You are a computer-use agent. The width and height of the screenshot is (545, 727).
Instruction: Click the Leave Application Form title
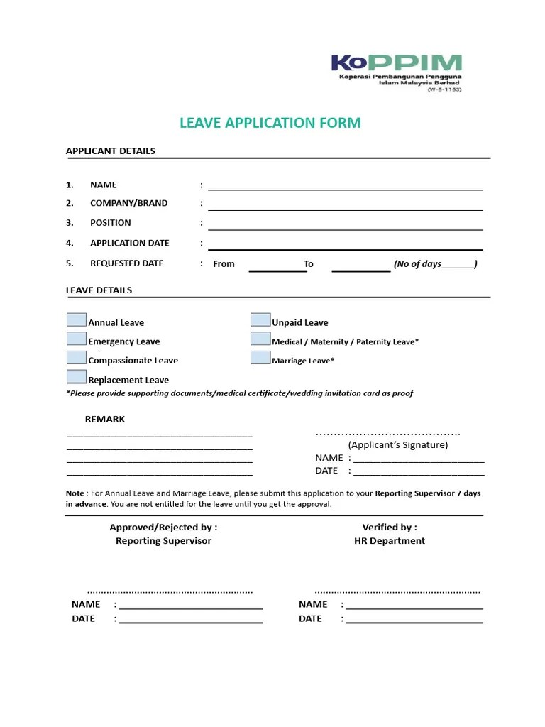(x=270, y=123)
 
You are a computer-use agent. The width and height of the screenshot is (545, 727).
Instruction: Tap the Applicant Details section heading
(x=111, y=151)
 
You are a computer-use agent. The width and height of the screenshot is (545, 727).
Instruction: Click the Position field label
(x=110, y=222)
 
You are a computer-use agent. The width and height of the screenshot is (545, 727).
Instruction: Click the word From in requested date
(x=224, y=263)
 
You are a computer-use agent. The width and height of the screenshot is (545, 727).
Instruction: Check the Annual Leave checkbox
(x=77, y=320)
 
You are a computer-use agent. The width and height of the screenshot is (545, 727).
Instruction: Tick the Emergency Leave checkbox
(x=77, y=339)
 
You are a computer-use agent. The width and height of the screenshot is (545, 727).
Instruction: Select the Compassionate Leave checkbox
(x=77, y=358)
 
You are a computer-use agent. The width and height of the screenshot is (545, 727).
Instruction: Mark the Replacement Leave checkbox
(x=77, y=377)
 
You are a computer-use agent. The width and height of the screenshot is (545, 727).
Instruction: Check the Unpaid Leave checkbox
(x=260, y=320)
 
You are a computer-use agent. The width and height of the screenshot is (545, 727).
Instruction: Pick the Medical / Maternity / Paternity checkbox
(x=260, y=339)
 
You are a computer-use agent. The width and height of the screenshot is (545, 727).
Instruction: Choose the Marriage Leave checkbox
(x=260, y=358)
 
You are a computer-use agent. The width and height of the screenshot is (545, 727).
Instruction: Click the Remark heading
(x=104, y=419)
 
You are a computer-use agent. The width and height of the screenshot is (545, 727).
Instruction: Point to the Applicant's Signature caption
(x=397, y=444)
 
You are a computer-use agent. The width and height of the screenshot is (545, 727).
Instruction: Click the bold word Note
(x=75, y=493)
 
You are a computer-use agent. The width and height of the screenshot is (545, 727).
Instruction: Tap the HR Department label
(x=390, y=540)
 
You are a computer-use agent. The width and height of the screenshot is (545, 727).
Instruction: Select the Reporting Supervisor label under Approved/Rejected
(x=163, y=540)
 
